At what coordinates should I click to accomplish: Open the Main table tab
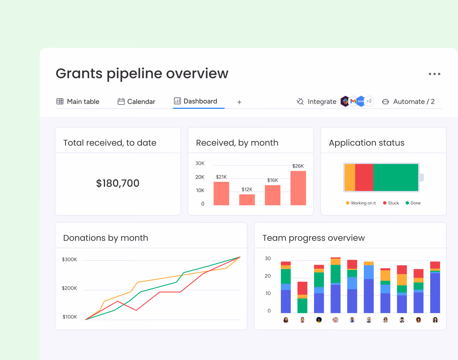tap(78, 101)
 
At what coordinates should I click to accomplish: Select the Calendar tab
tap(136, 101)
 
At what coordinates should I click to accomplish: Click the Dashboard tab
tap(195, 101)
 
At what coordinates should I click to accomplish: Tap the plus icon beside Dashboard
tap(239, 102)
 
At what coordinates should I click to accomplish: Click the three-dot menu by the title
tap(434, 74)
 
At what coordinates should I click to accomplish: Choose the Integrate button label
tap(322, 102)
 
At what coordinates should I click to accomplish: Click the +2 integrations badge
tap(369, 101)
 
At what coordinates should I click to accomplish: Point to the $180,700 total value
tap(118, 183)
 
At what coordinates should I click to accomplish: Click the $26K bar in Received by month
tap(298, 188)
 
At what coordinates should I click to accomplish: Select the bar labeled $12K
tap(247, 200)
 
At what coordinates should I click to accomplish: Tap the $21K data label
tap(221, 177)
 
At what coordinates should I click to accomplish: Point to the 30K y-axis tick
tap(200, 163)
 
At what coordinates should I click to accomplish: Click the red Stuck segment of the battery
tap(364, 177)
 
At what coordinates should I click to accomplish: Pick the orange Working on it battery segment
tap(350, 177)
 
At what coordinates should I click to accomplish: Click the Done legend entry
tap(413, 203)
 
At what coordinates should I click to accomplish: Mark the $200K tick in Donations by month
tap(69, 288)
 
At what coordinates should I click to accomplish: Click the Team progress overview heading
tap(314, 238)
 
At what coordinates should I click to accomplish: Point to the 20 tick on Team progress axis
tap(268, 276)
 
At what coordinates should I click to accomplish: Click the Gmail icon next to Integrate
tap(353, 101)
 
